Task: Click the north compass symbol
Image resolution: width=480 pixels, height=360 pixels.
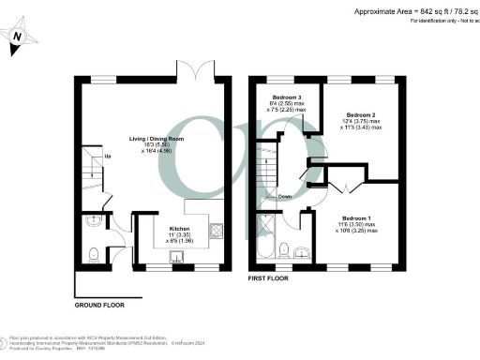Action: pos(20,37)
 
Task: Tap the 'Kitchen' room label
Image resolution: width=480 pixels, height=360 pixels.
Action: pos(180,228)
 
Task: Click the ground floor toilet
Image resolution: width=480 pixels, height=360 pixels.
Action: pos(94,255)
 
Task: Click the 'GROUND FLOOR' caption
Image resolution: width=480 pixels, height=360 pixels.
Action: pos(99,305)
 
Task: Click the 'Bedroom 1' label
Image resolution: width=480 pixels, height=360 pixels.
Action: pos(357,217)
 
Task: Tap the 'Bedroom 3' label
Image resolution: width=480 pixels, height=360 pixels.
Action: pos(287,98)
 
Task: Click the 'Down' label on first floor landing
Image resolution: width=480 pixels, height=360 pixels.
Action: pos(284,197)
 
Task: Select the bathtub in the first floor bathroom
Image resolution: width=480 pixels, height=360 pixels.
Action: pos(266,240)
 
